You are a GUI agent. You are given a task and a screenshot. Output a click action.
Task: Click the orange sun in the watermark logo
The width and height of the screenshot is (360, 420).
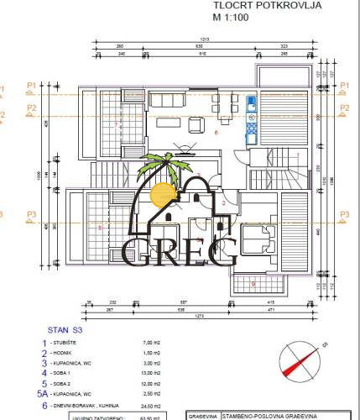162,194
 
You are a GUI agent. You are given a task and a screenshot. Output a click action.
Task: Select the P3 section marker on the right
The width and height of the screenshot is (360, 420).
343,215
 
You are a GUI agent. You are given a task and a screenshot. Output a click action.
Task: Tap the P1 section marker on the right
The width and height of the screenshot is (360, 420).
343,86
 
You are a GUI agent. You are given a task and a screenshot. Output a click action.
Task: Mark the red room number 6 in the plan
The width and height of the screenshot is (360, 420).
216,133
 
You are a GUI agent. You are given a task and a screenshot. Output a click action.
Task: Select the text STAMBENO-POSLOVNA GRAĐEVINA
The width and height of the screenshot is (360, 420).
270,415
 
